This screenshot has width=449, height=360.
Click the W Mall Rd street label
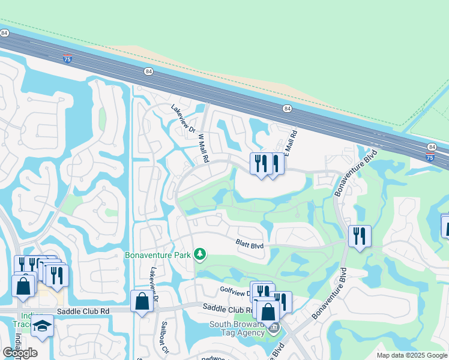[203, 148]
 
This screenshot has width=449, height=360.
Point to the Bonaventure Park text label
[157, 255]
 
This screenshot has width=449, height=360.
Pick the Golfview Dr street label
[235, 290]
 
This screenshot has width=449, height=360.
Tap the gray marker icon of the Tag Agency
[274, 328]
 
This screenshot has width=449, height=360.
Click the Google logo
[20, 353]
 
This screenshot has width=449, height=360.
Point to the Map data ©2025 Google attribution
[412, 355]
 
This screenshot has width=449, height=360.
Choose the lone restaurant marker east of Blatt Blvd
[359, 235]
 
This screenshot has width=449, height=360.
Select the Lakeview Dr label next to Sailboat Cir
[154, 284]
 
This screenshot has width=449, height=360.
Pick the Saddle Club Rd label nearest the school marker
[83, 311]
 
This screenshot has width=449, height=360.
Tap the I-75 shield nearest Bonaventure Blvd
[429, 157]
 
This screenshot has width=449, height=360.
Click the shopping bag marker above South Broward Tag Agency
[268, 311]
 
